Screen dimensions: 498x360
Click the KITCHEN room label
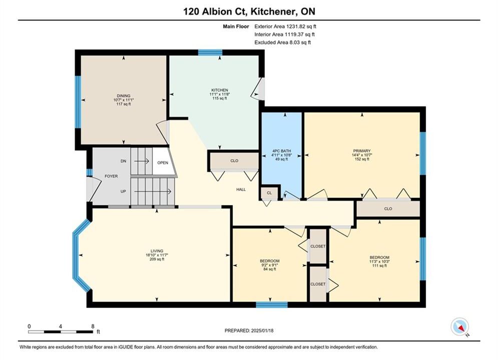220,90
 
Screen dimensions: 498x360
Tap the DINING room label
124,96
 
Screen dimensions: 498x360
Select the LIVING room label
157,251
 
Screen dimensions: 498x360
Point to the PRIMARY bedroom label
362,151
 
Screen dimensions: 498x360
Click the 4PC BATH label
281,151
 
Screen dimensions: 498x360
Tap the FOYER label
111,176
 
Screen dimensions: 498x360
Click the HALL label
241,189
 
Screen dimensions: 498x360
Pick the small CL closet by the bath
269,193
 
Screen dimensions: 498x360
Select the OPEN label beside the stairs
163,162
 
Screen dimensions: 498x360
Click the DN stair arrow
141,161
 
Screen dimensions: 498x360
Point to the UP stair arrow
153,191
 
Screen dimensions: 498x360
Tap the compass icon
459,326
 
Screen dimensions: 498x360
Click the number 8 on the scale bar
93,326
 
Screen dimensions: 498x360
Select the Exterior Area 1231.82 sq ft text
285,26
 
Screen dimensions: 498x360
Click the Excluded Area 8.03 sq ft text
283,42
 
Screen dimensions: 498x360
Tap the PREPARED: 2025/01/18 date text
249,330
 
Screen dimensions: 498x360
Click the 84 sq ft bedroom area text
270,269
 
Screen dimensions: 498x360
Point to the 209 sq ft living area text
157,259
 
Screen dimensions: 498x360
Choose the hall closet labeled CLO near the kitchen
234,161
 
